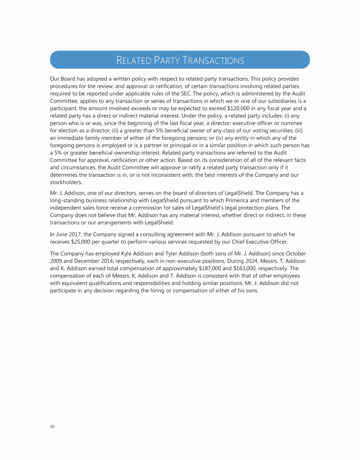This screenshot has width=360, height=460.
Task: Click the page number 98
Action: [52, 426]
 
